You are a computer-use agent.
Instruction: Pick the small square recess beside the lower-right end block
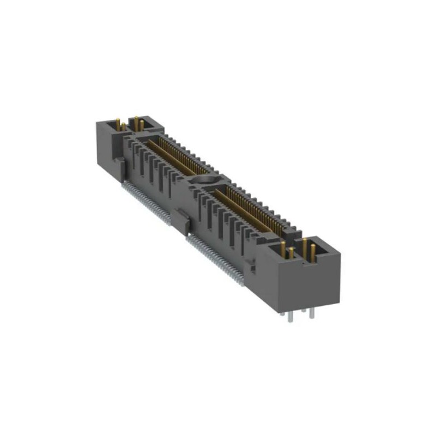250,267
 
